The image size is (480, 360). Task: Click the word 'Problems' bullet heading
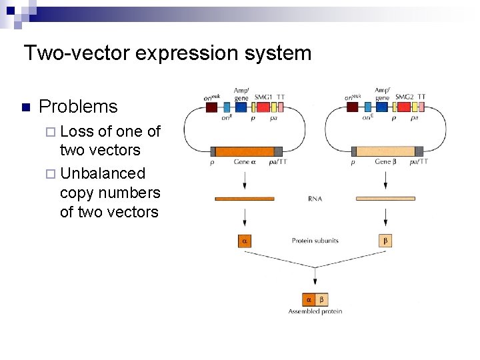point(78,107)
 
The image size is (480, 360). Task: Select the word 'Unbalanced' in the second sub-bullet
point(102,173)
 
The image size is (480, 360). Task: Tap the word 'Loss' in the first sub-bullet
point(77,131)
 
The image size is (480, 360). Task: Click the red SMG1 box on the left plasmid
point(263,107)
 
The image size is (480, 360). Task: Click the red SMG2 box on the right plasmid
point(404,107)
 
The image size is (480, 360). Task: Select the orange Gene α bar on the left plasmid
point(244,151)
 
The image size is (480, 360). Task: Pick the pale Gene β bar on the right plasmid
point(385,151)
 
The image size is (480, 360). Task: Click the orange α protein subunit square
point(244,241)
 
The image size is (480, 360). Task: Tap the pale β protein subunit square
point(385,241)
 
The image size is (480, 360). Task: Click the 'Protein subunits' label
point(315,241)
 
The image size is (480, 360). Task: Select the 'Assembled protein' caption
point(315,311)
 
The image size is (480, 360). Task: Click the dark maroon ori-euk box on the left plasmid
point(211,107)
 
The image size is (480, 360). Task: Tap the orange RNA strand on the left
point(244,198)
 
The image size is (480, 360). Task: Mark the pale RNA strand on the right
point(385,198)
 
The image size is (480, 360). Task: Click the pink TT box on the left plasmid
point(280,107)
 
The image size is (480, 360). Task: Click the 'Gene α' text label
point(243,162)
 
